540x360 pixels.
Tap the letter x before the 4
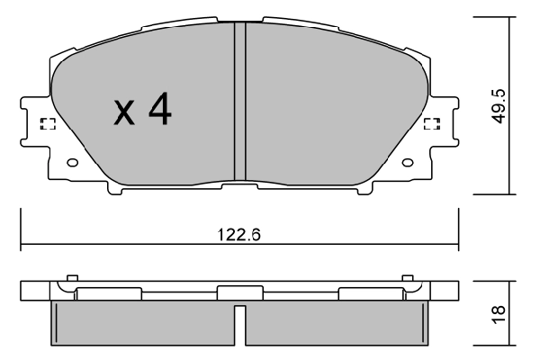124,112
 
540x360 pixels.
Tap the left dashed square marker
49,124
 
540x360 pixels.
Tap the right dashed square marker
431,124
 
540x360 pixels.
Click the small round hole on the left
73,164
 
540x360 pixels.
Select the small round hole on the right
407,164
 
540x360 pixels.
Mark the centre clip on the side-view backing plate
239,292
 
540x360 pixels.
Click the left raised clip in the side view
108,292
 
